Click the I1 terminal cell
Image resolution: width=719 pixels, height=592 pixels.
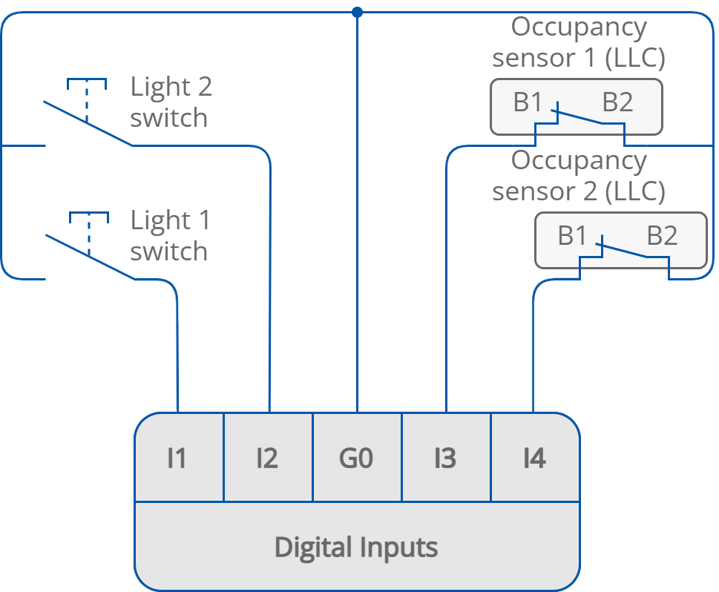pyautogui.click(x=178, y=458)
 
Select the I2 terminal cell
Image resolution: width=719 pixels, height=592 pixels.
pyautogui.click(x=267, y=458)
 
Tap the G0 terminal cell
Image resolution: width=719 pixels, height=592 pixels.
pyautogui.click(x=356, y=458)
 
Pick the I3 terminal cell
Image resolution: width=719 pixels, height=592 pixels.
pyautogui.click(x=445, y=458)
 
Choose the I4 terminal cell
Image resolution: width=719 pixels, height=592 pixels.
pyautogui.click(x=534, y=458)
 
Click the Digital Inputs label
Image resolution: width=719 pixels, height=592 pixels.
pyautogui.click(x=356, y=547)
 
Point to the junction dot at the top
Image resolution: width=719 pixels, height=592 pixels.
pyautogui.click(x=357, y=12)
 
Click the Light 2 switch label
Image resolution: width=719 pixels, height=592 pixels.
pyautogui.click(x=171, y=102)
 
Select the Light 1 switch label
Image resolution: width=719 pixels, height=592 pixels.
pyautogui.click(x=170, y=236)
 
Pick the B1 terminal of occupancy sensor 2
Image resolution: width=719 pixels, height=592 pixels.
pyautogui.click(x=572, y=237)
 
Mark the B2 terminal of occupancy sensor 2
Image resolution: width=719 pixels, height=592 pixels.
pyautogui.click(x=662, y=237)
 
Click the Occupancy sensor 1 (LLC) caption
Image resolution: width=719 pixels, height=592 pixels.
pyautogui.click(x=578, y=43)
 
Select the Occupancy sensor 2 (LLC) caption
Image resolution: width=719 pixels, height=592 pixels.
pyautogui.click(x=578, y=176)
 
